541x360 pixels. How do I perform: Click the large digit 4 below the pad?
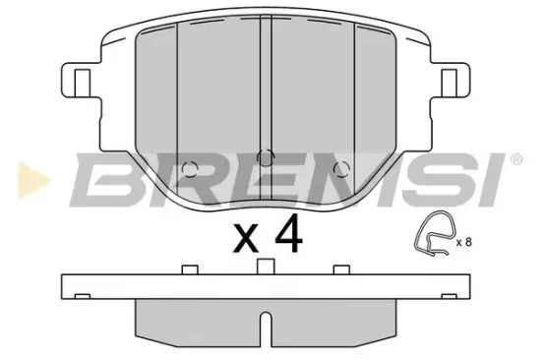(288, 233)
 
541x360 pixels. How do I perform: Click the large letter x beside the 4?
(246, 237)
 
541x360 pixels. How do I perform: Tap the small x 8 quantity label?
(463, 242)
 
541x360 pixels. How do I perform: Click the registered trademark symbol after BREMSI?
(515, 159)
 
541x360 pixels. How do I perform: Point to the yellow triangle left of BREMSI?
(34, 180)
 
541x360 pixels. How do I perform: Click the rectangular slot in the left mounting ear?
(83, 83)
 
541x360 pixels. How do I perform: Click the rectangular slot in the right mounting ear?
(450, 83)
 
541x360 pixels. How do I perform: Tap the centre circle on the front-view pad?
(266, 158)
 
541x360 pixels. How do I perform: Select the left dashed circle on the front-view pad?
(190, 169)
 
